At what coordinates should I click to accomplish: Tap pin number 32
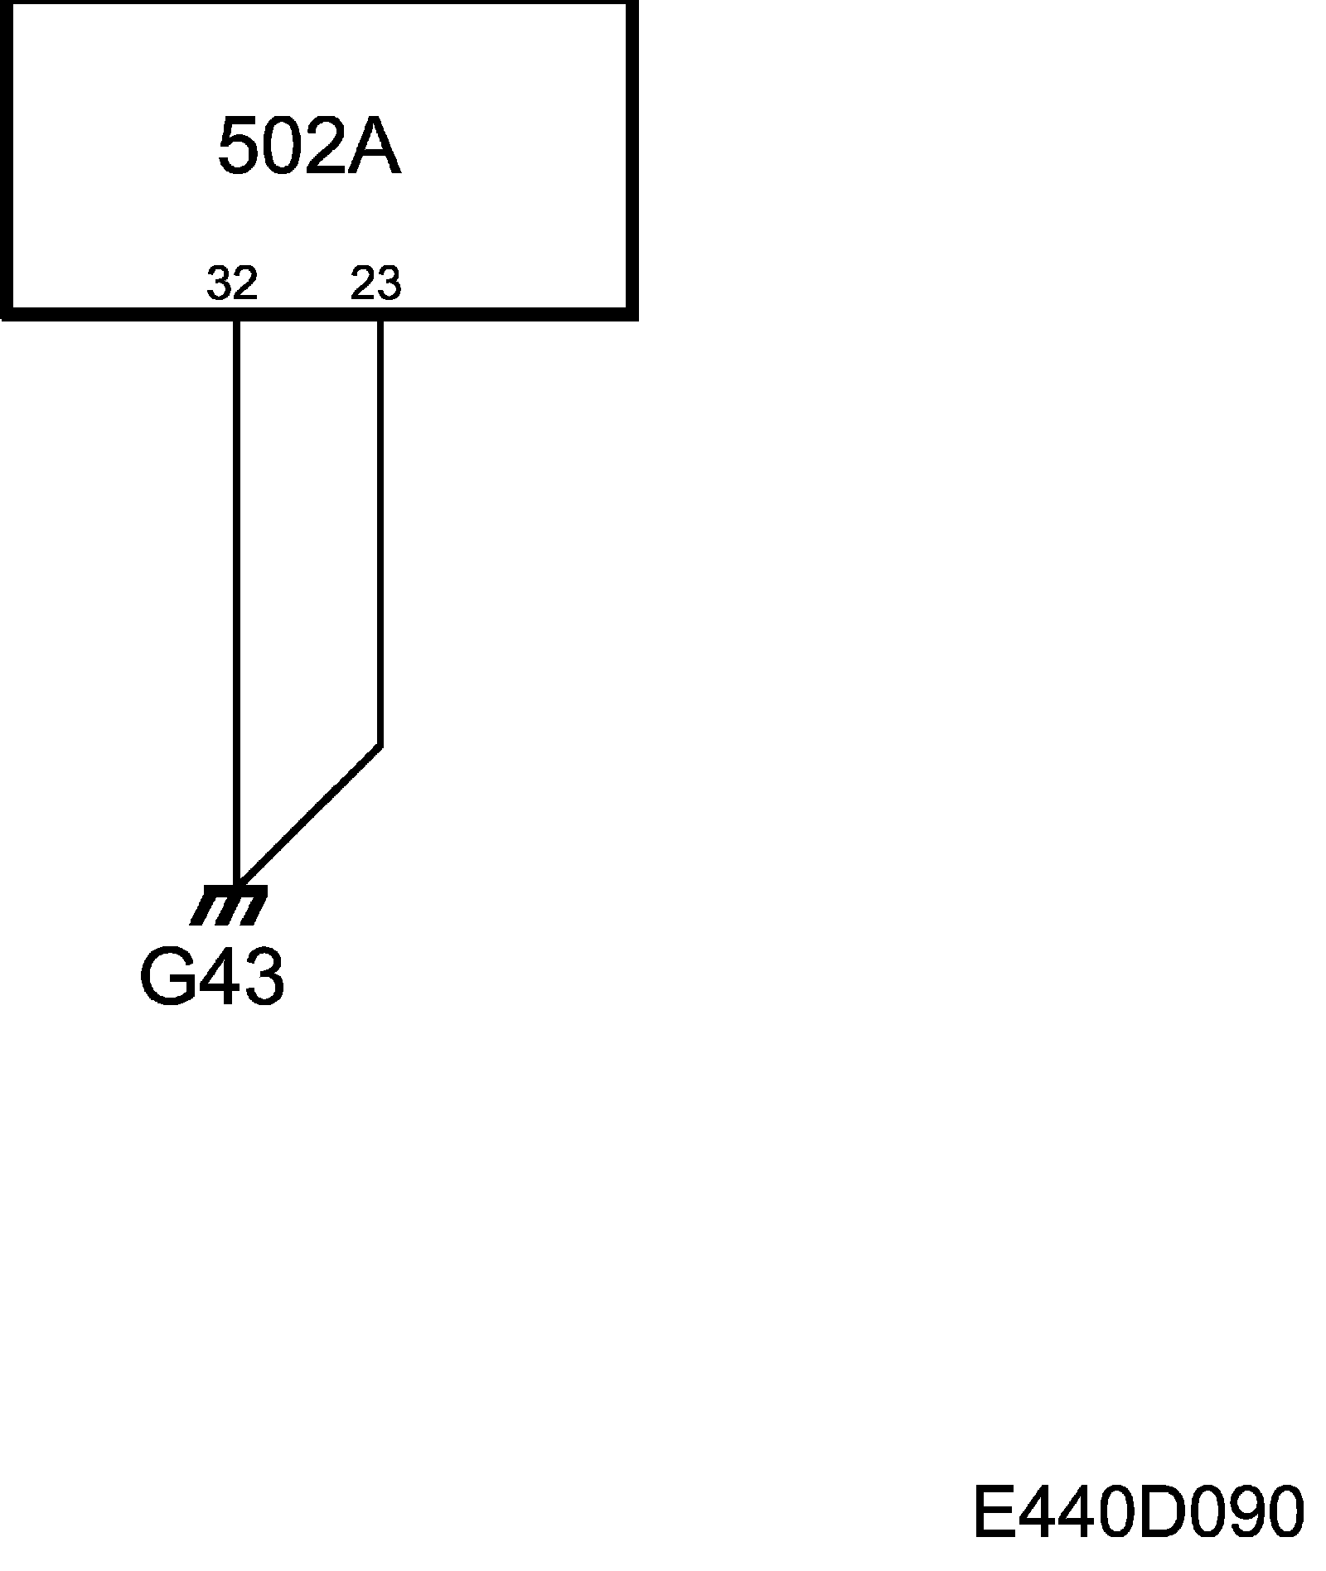232,283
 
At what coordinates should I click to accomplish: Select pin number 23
375,283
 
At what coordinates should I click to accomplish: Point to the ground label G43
212,979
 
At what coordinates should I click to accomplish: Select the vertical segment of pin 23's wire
380,530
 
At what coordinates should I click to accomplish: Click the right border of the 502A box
632,157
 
